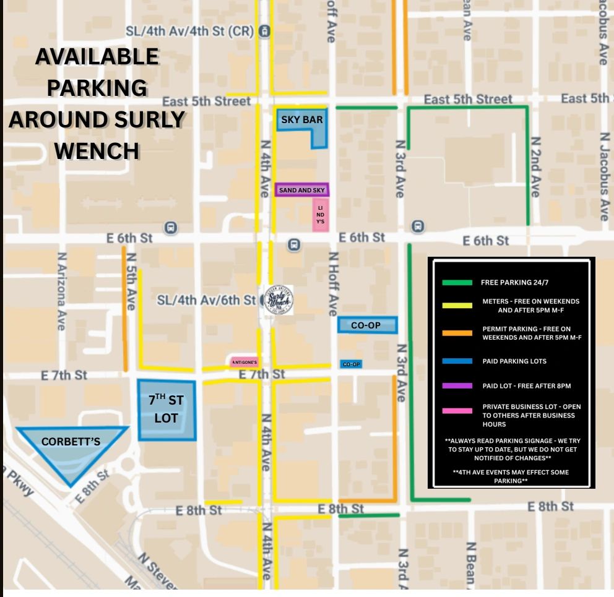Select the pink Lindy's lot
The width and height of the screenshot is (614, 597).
[x=320, y=215]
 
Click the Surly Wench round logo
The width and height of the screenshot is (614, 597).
[x=279, y=301]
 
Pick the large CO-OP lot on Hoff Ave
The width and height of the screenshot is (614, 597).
[x=366, y=325]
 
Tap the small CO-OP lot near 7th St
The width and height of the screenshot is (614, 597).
[x=351, y=364]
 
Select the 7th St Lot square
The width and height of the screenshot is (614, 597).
[x=166, y=410]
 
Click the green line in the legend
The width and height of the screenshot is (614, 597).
[x=457, y=283]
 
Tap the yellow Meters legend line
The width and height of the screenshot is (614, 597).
[x=457, y=306]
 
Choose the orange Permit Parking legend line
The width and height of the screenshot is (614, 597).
[x=457, y=333]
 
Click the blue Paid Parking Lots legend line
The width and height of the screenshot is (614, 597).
[x=457, y=361]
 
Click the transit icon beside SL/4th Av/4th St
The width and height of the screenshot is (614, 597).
[x=264, y=31]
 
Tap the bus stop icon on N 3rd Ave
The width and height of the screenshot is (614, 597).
[x=418, y=226]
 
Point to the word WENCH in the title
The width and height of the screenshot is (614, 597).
[x=97, y=150]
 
